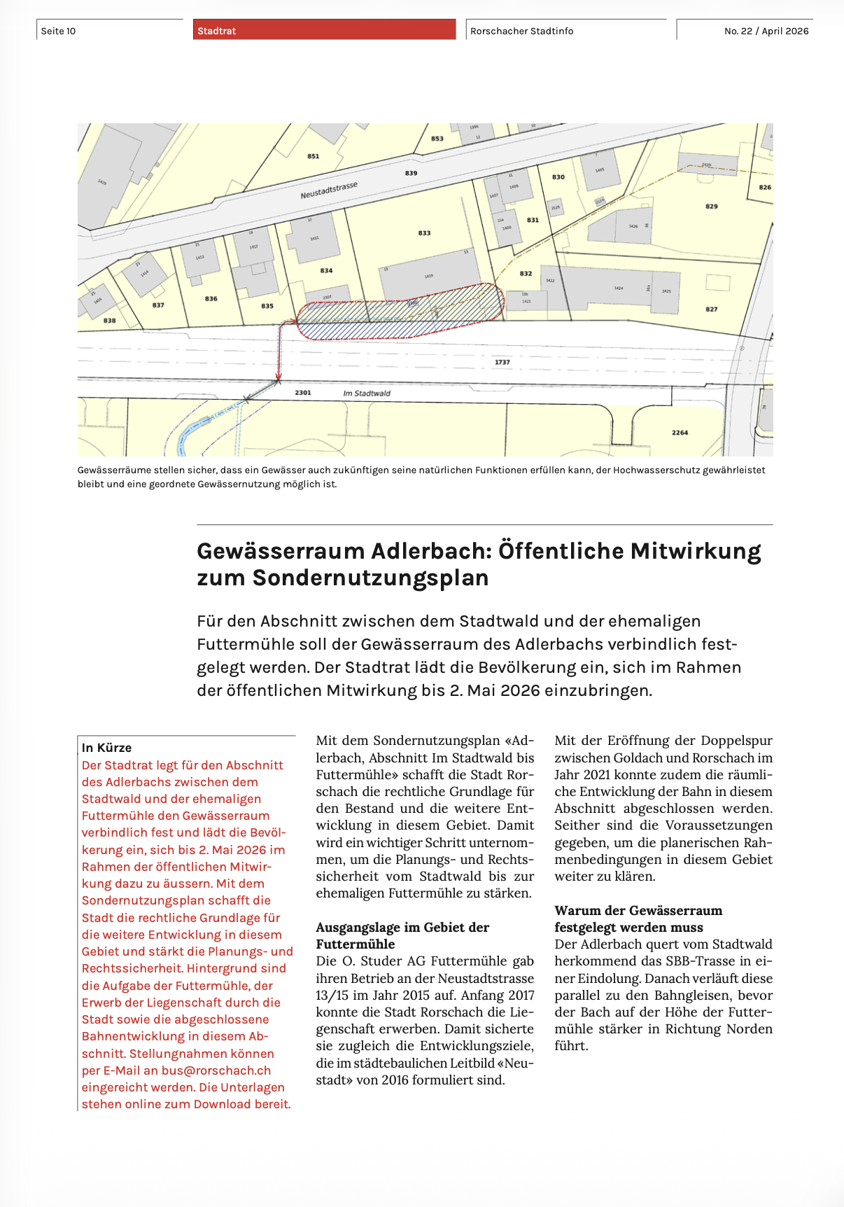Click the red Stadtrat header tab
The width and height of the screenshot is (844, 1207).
pyautogui.click(x=324, y=30)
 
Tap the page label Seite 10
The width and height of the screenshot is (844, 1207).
pyautogui.click(x=58, y=31)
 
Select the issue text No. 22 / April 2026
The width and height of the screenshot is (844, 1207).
pyautogui.click(x=766, y=31)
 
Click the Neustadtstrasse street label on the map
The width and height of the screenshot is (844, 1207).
pyautogui.click(x=329, y=190)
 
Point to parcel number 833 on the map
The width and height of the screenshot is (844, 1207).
pyautogui.click(x=424, y=233)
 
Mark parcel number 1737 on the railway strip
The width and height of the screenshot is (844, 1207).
pyautogui.click(x=502, y=362)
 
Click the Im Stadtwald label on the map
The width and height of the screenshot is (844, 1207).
pyautogui.click(x=367, y=393)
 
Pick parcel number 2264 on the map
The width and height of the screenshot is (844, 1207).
pyautogui.click(x=680, y=433)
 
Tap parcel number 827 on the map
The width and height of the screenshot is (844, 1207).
pyautogui.click(x=711, y=309)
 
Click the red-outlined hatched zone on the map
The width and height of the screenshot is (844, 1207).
pyautogui.click(x=399, y=315)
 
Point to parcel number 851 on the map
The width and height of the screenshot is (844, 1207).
pyautogui.click(x=313, y=156)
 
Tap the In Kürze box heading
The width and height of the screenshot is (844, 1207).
pyautogui.click(x=106, y=748)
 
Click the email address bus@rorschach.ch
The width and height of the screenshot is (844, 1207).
pyautogui.click(x=216, y=1070)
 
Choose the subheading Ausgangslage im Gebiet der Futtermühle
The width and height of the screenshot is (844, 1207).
pyautogui.click(x=402, y=935)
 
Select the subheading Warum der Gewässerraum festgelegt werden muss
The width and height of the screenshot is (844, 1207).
pyautogui.click(x=638, y=919)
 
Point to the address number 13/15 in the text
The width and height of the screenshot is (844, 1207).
pyautogui.click(x=332, y=995)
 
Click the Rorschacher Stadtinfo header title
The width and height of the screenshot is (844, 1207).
pyautogui.click(x=521, y=31)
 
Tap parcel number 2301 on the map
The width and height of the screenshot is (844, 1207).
pyautogui.click(x=302, y=393)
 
